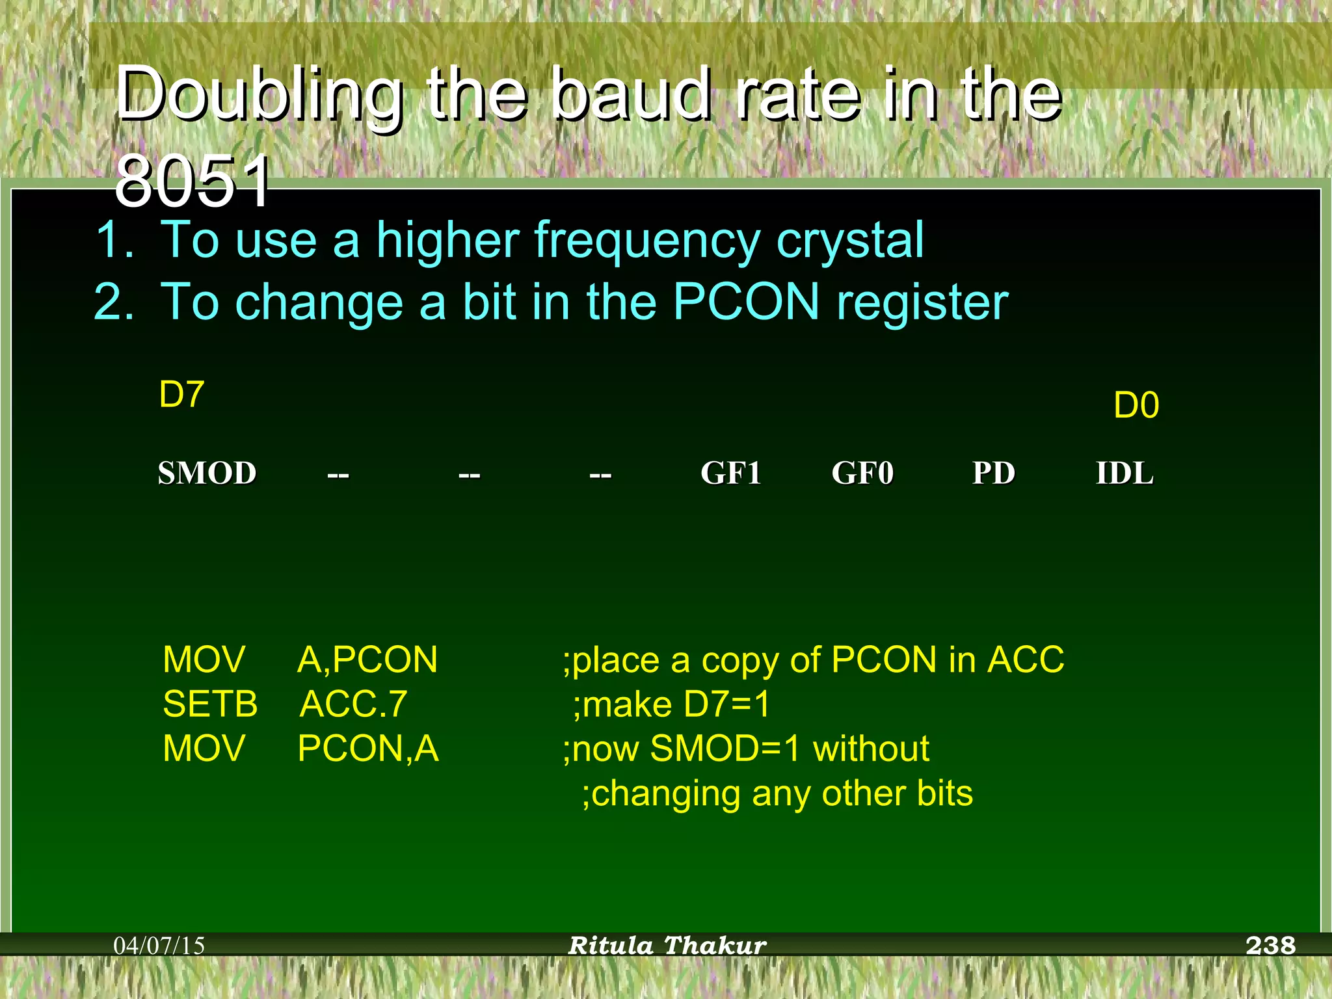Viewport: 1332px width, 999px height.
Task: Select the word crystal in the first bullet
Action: (849, 241)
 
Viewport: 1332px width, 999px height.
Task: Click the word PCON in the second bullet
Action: (746, 302)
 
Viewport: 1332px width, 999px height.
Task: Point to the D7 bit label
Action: (181, 394)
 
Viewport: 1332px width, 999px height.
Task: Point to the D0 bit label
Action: (1136, 405)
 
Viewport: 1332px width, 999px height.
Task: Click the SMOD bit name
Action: (207, 473)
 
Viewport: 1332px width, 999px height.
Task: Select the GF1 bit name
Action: (730, 473)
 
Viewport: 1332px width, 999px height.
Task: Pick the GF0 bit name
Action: (862, 473)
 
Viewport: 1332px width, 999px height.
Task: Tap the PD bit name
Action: (993, 473)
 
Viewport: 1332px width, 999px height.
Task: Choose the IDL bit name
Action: (1125, 473)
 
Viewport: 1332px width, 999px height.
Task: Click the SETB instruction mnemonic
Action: (210, 704)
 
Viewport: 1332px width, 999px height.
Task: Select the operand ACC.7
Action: (353, 704)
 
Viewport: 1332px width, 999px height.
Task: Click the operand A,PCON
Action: (367, 660)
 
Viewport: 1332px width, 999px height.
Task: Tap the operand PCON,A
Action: (367, 749)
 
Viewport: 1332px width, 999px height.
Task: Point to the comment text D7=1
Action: (726, 704)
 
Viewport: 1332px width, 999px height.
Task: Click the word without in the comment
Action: (871, 749)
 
